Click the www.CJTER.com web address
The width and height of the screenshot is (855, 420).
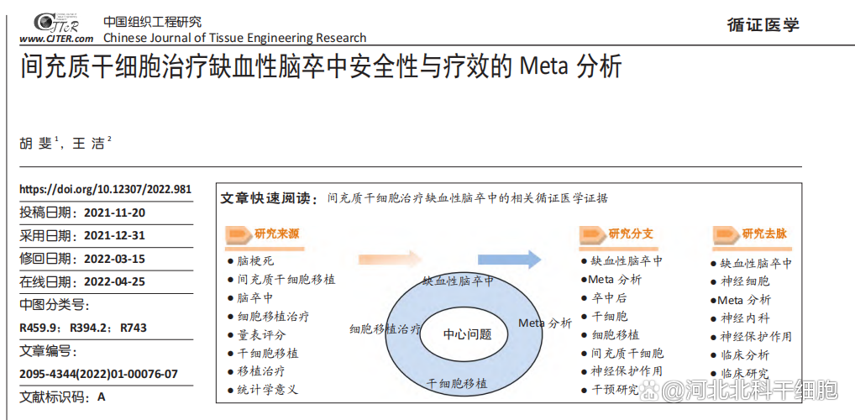pyautogui.click(x=56, y=39)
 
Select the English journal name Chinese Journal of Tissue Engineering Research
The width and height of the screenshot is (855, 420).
pyautogui.click(x=234, y=38)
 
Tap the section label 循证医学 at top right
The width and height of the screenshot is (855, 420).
pyautogui.click(x=763, y=24)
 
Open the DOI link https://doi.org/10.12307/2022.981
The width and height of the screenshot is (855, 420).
pyautogui.click(x=105, y=190)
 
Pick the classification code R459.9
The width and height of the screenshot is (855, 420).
pyautogui.click(x=39, y=328)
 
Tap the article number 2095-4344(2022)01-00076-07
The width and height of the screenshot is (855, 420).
pyautogui.click(x=99, y=374)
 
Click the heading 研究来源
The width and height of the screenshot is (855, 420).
pyautogui.click(x=276, y=234)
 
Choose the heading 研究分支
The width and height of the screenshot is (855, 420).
pyautogui.click(x=630, y=234)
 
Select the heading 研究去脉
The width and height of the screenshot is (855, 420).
pyautogui.click(x=763, y=234)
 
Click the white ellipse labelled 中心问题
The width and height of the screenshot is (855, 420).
pyautogui.click(x=467, y=333)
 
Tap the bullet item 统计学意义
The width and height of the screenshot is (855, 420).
pyautogui.click(x=267, y=390)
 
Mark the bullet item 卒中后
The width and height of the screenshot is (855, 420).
pyautogui.click(x=609, y=297)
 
